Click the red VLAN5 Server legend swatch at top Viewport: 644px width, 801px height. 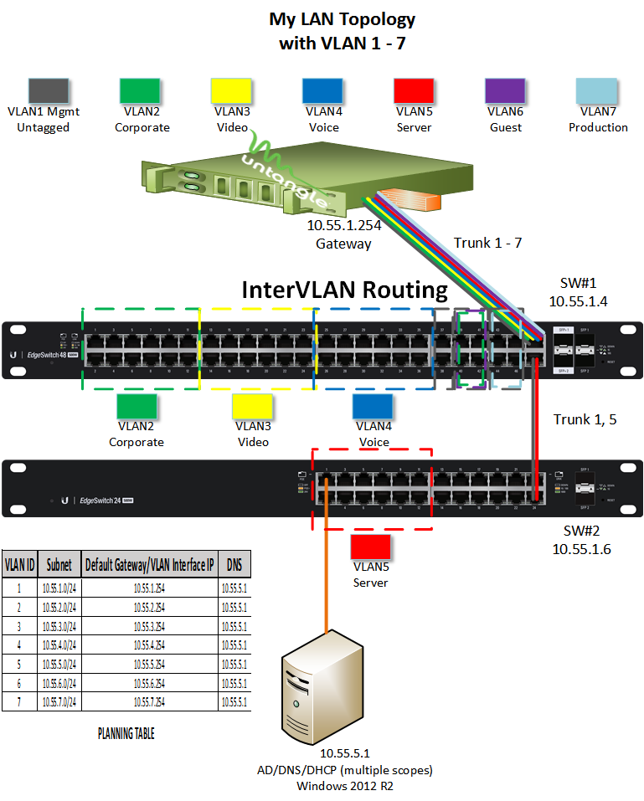[414, 90]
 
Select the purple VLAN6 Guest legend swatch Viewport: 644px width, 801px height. [505, 90]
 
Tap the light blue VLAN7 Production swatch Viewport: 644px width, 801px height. [598, 90]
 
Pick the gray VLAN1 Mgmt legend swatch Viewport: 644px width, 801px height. [49, 90]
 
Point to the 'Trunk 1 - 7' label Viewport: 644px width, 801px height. [488, 243]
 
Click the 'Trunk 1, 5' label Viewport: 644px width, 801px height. [585, 419]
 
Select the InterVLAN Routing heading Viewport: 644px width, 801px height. [345, 290]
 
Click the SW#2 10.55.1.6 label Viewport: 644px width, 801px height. [581, 541]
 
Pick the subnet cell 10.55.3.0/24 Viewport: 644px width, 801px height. [59, 626]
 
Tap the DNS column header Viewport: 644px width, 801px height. [234, 565]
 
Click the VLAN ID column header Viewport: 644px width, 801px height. [19, 565]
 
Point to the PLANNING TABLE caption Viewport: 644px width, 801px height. [126, 734]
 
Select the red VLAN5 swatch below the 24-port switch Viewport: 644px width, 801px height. [370, 547]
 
